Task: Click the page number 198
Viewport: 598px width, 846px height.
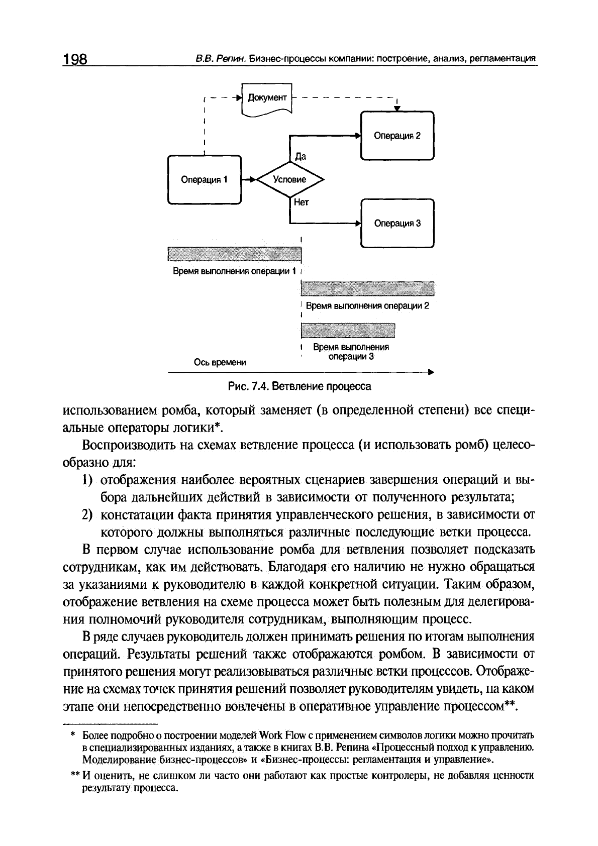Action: (x=76, y=59)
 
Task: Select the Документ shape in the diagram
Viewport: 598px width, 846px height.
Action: (x=267, y=98)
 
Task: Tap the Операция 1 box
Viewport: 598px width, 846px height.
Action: (x=204, y=179)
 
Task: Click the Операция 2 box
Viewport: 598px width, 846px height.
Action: (x=397, y=136)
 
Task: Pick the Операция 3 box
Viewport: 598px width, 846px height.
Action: (x=397, y=224)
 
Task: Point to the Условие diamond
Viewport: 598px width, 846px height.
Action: (x=290, y=179)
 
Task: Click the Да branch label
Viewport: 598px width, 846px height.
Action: (x=300, y=156)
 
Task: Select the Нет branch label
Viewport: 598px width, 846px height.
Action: (x=301, y=202)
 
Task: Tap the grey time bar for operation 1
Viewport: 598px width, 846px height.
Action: (x=234, y=255)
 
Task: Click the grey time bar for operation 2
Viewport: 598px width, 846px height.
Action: (x=367, y=288)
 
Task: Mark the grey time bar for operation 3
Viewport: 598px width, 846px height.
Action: (x=348, y=330)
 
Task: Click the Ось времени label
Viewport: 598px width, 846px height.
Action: (x=220, y=362)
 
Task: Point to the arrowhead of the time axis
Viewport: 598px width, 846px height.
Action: (x=430, y=372)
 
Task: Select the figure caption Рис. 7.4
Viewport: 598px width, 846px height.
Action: (x=300, y=386)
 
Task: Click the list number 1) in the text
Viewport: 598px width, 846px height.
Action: (x=88, y=480)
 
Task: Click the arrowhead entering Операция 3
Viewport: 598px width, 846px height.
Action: (x=358, y=224)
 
